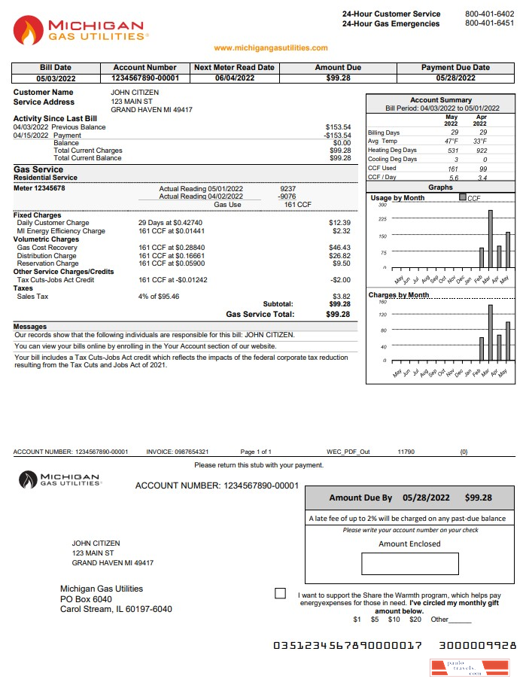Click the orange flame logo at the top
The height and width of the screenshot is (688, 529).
(x=29, y=31)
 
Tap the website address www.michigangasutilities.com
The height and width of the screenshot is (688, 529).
(x=271, y=48)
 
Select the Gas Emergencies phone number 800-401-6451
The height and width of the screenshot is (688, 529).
(x=489, y=23)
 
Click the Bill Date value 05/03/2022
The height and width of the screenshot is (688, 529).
(x=55, y=78)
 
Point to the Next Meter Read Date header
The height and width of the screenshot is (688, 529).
(x=234, y=68)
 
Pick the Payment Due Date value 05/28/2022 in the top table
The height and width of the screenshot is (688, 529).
(x=455, y=78)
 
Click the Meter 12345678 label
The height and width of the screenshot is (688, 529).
(x=39, y=188)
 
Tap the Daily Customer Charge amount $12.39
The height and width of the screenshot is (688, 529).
(x=340, y=224)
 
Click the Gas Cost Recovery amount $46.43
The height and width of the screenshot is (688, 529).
(x=340, y=248)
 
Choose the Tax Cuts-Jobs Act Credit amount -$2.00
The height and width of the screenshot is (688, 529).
(x=340, y=280)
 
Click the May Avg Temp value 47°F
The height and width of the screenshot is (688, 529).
(x=451, y=142)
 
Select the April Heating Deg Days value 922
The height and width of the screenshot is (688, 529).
(x=482, y=151)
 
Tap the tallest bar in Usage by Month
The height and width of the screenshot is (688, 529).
(x=490, y=239)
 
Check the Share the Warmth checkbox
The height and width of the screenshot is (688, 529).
(x=281, y=594)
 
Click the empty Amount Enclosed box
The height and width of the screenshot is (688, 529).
(x=409, y=564)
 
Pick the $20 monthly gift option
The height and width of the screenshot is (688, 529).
(x=415, y=620)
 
